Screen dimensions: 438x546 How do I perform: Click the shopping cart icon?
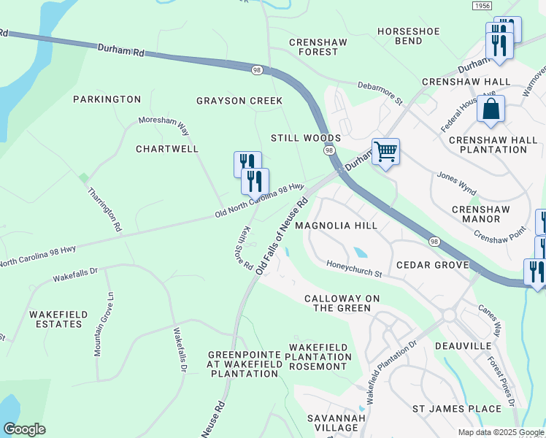pyautogui.click(x=385, y=152)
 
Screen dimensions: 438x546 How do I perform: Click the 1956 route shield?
pyautogui.click(x=482, y=6)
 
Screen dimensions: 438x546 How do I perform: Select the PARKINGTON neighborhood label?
pyautogui.click(x=107, y=99)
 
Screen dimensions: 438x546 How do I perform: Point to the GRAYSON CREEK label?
pyautogui.click(x=239, y=101)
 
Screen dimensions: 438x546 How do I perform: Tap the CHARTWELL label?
pyautogui.click(x=167, y=149)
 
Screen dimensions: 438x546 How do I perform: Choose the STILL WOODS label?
pyautogui.click(x=306, y=138)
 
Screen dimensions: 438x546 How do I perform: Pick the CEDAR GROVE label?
pyautogui.click(x=431, y=265)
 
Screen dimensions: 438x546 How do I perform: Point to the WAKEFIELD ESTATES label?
pyautogui.click(x=58, y=319)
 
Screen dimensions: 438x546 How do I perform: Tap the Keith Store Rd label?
pyautogui.click(x=244, y=249)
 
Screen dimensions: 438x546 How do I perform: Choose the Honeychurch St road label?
pyautogui.click(x=355, y=269)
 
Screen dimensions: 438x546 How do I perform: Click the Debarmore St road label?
pyautogui.click(x=380, y=91)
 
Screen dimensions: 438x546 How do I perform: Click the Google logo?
pyautogui.click(x=24, y=429)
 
